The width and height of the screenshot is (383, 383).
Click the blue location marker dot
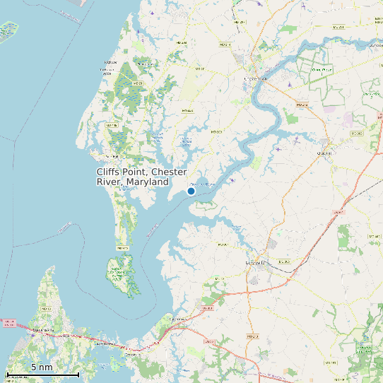tap(191, 191)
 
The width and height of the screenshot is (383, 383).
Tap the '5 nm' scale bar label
tap(42, 367)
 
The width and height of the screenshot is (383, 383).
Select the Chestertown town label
tap(256, 78)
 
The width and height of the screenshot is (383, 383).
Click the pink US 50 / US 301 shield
tap(9, 323)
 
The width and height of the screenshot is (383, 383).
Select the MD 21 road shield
tap(139, 83)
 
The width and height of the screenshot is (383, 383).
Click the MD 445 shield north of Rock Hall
tap(111, 125)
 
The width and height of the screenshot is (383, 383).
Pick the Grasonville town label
tap(105, 343)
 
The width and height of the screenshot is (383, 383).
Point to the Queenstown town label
tap(177, 319)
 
